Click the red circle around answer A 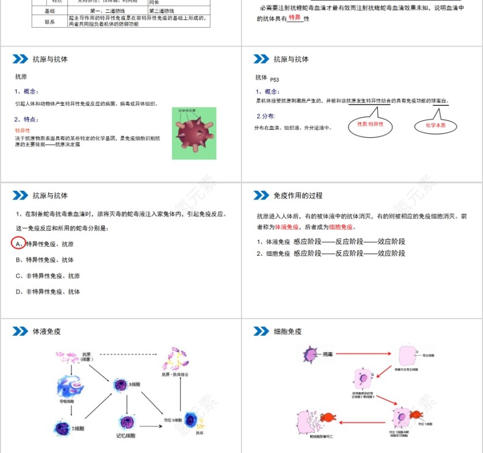tap(18, 244)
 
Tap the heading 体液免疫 tap(47, 331)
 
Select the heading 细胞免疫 tap(287, 331)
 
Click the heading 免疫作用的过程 tap(298, 195)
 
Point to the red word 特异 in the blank tap(294, 18)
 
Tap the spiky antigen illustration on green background tap(194, 133)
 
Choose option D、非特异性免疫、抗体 tap(48, 291)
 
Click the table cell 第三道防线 tap(162, 11)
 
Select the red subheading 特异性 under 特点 tap(23, 130)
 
